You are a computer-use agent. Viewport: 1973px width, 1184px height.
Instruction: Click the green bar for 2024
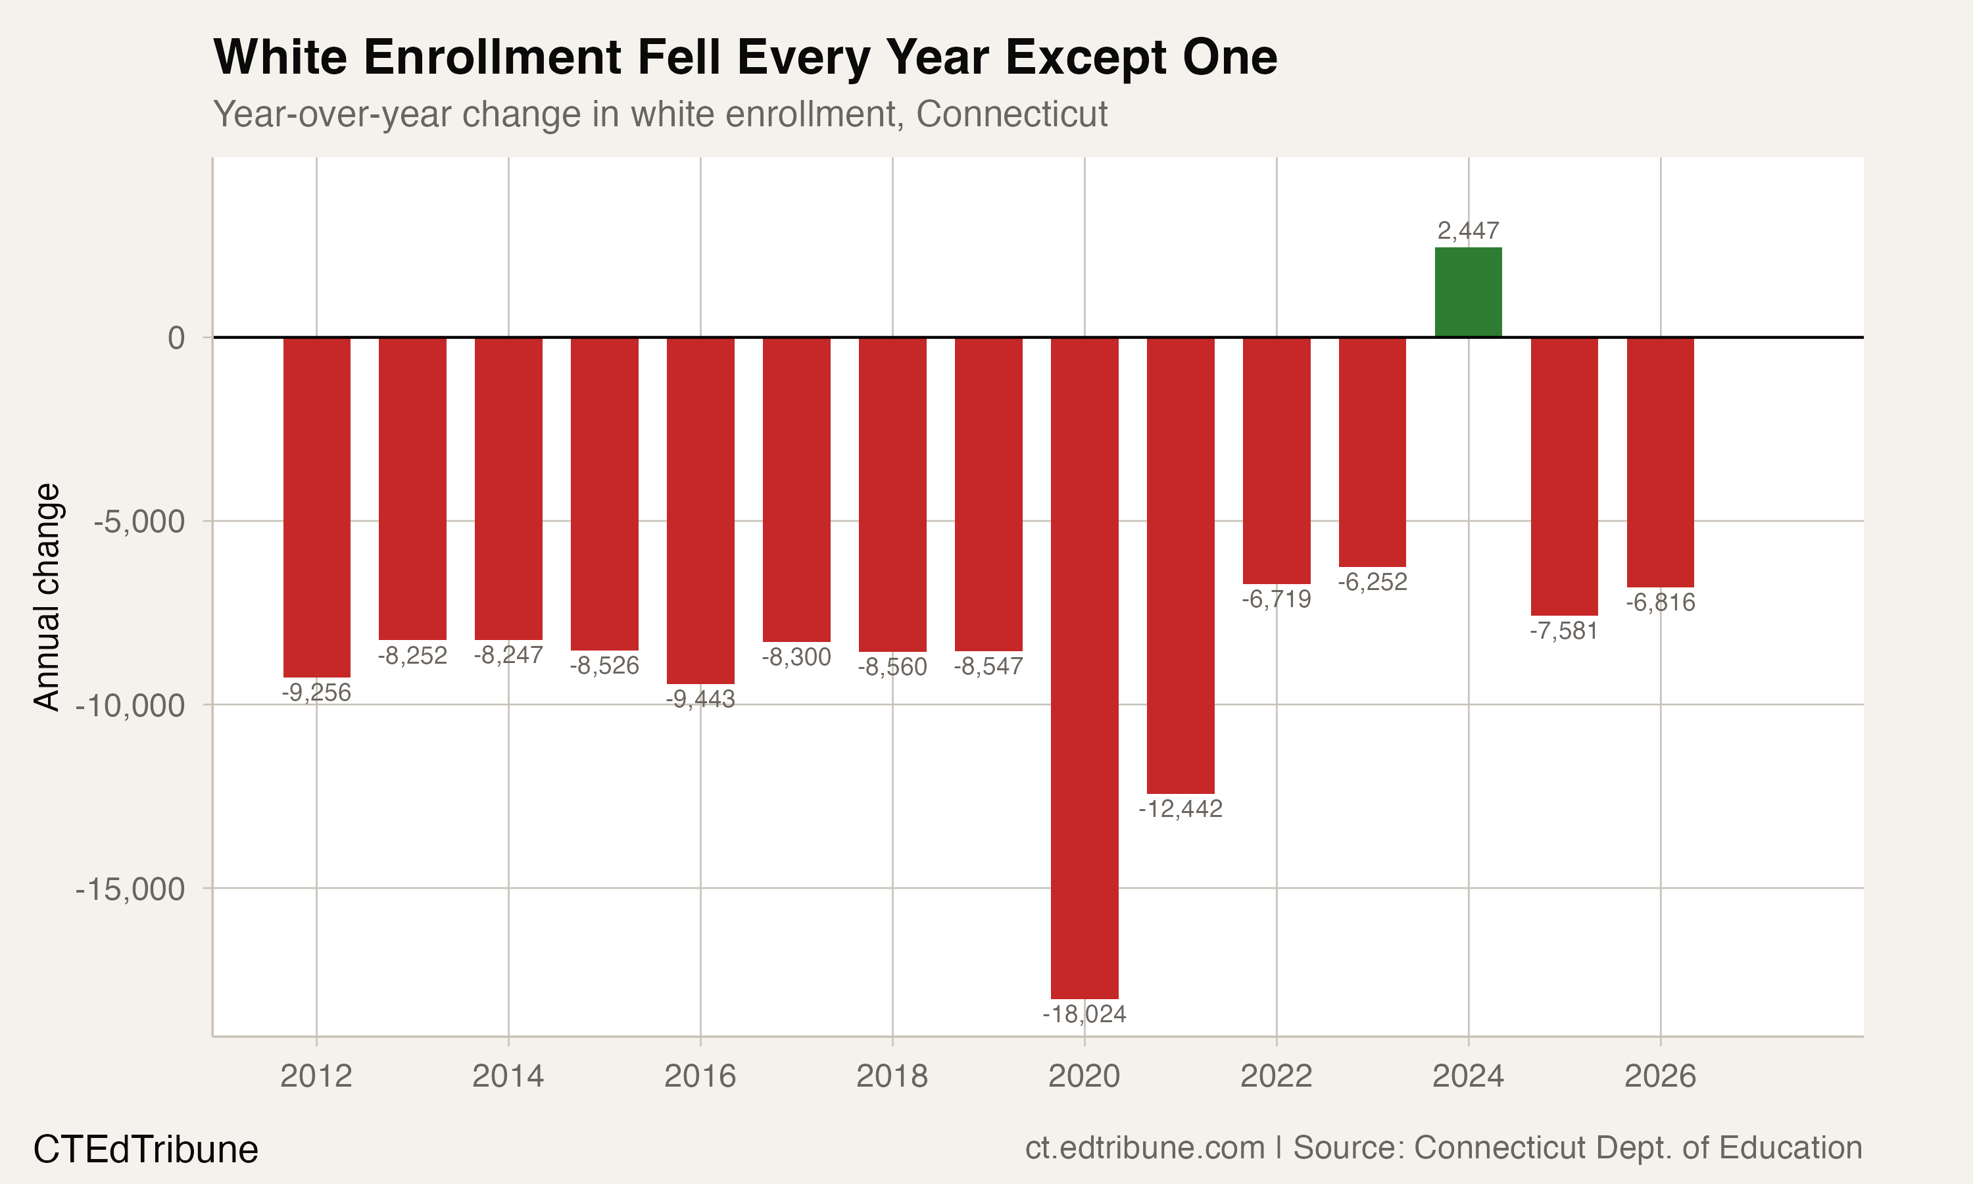pos(1467,293)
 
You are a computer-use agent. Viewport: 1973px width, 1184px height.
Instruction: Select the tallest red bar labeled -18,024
pos(1084,667)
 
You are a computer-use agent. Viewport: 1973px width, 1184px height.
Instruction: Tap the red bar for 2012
pos(316,506)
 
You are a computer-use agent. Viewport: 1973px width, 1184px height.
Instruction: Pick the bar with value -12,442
pos(1181,565)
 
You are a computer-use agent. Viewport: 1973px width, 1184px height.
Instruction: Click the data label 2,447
pos(1467,231)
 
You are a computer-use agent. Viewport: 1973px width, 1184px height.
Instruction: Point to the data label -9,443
pos(700,699)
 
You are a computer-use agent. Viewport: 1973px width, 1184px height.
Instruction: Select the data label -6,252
pos(1372,581)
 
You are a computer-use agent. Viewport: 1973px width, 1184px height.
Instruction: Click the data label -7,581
pos(1563,631)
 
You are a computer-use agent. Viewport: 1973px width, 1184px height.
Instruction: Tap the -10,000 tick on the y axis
pos(130,705)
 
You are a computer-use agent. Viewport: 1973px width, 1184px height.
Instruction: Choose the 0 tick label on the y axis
pos(176,338)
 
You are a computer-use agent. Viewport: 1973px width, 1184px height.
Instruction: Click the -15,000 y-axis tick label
pos(130,889)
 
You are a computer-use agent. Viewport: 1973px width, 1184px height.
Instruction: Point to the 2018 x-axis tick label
pos(892,1076)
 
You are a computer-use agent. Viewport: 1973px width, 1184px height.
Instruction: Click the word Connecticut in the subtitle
pos(1011,114)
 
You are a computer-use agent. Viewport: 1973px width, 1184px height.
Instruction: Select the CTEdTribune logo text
pos(146,1150)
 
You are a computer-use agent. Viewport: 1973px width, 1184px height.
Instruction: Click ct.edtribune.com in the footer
pos(1144,1147)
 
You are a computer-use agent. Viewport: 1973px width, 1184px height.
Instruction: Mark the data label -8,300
pos(796,656)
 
